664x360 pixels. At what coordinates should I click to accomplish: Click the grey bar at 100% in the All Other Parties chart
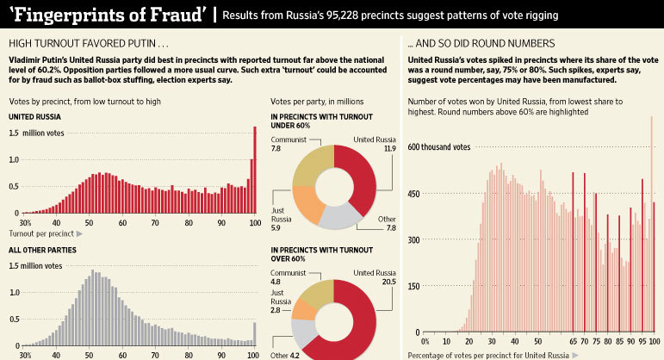pos(255,333)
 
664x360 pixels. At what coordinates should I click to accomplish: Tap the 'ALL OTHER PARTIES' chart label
pos(42,250)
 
